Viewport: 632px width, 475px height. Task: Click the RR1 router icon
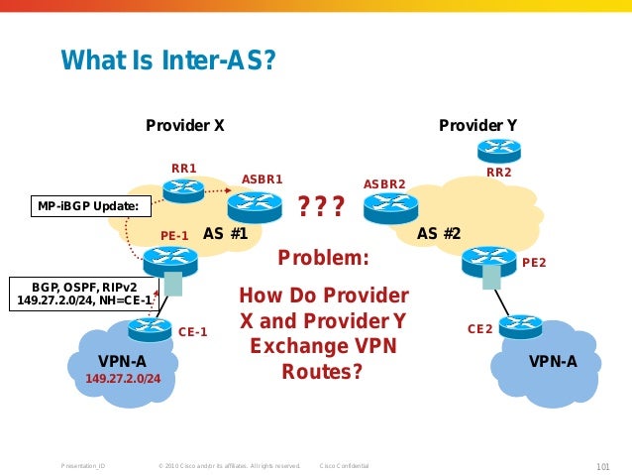[183, 188]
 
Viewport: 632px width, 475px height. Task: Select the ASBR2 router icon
[385, 207]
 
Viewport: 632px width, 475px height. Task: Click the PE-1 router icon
[170, 261]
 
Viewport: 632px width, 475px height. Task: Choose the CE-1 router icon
[150, 328]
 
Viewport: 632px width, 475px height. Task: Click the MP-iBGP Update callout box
[88, 206]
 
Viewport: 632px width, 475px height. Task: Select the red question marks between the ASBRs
[321, 206]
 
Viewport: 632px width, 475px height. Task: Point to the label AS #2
[439, 234]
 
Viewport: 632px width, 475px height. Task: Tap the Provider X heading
[185, 126]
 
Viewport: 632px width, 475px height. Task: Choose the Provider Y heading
[477, 126]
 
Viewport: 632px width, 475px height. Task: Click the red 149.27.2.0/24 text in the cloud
[123, 379]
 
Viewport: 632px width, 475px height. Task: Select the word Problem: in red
[323, 259]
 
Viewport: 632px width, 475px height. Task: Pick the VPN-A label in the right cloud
[553, 361]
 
